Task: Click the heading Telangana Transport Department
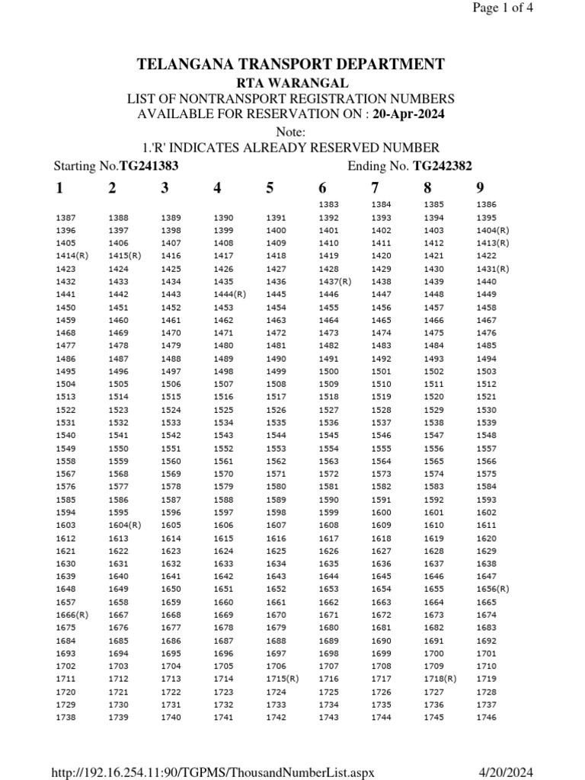(x=290, y=64)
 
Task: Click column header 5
(x=270, y=188)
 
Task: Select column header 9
(x=480, y=188)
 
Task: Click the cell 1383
(x=328, y=205)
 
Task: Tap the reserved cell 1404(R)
(x=492, y=230)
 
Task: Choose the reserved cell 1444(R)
(x=229, y=294)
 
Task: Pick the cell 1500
(x=328, y=371)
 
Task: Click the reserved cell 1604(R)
(x=125, y=525)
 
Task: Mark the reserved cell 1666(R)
(x=72, y=615)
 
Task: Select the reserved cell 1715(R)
(x=282, y=678)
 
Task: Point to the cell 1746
(x=486, y=717)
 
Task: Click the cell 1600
(x=381, y=512)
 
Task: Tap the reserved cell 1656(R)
(x=492, y=589)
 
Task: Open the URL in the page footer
(x=213, y=772)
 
